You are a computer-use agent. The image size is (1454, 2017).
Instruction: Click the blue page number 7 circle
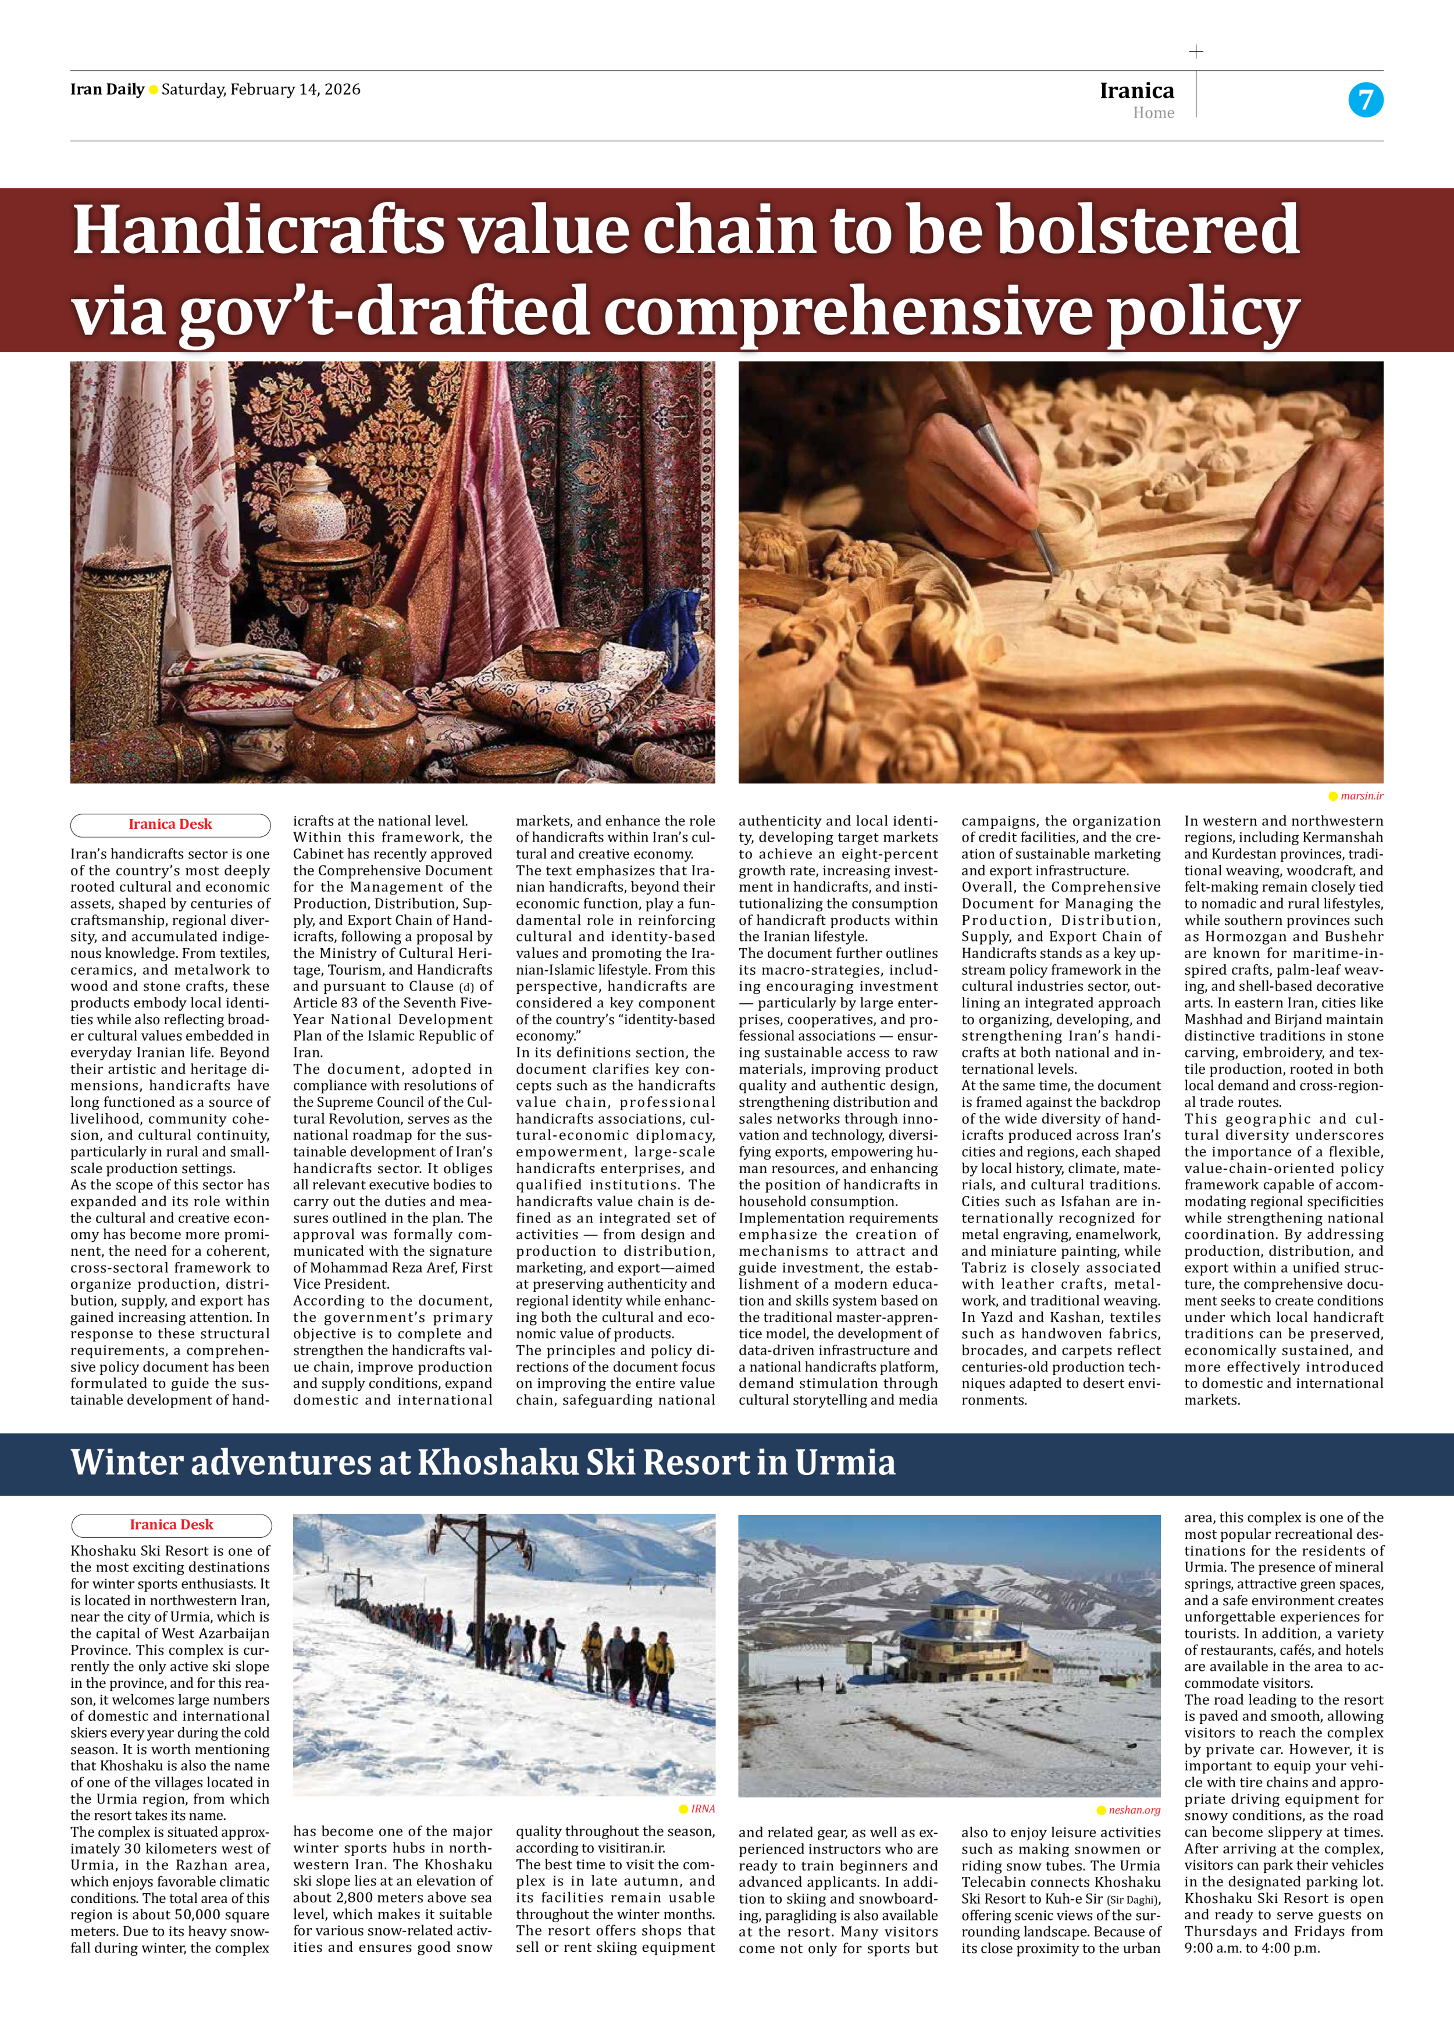coord(1365,99)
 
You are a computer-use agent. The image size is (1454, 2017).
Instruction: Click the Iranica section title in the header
coord(1136,90)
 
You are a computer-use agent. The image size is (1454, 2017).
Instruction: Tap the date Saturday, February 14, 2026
coord(261,89)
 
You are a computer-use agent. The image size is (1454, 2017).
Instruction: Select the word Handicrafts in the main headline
coord(258,230)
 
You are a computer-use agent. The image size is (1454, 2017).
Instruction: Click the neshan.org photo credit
coord(1134,1810)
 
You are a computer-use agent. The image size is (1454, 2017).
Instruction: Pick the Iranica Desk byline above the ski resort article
coord(171,1524)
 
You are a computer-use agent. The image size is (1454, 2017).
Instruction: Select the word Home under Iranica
coord(1153,113)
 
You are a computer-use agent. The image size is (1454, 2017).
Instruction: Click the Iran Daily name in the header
coord(106,89)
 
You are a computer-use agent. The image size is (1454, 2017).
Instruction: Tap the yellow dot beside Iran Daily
coord(153,90)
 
